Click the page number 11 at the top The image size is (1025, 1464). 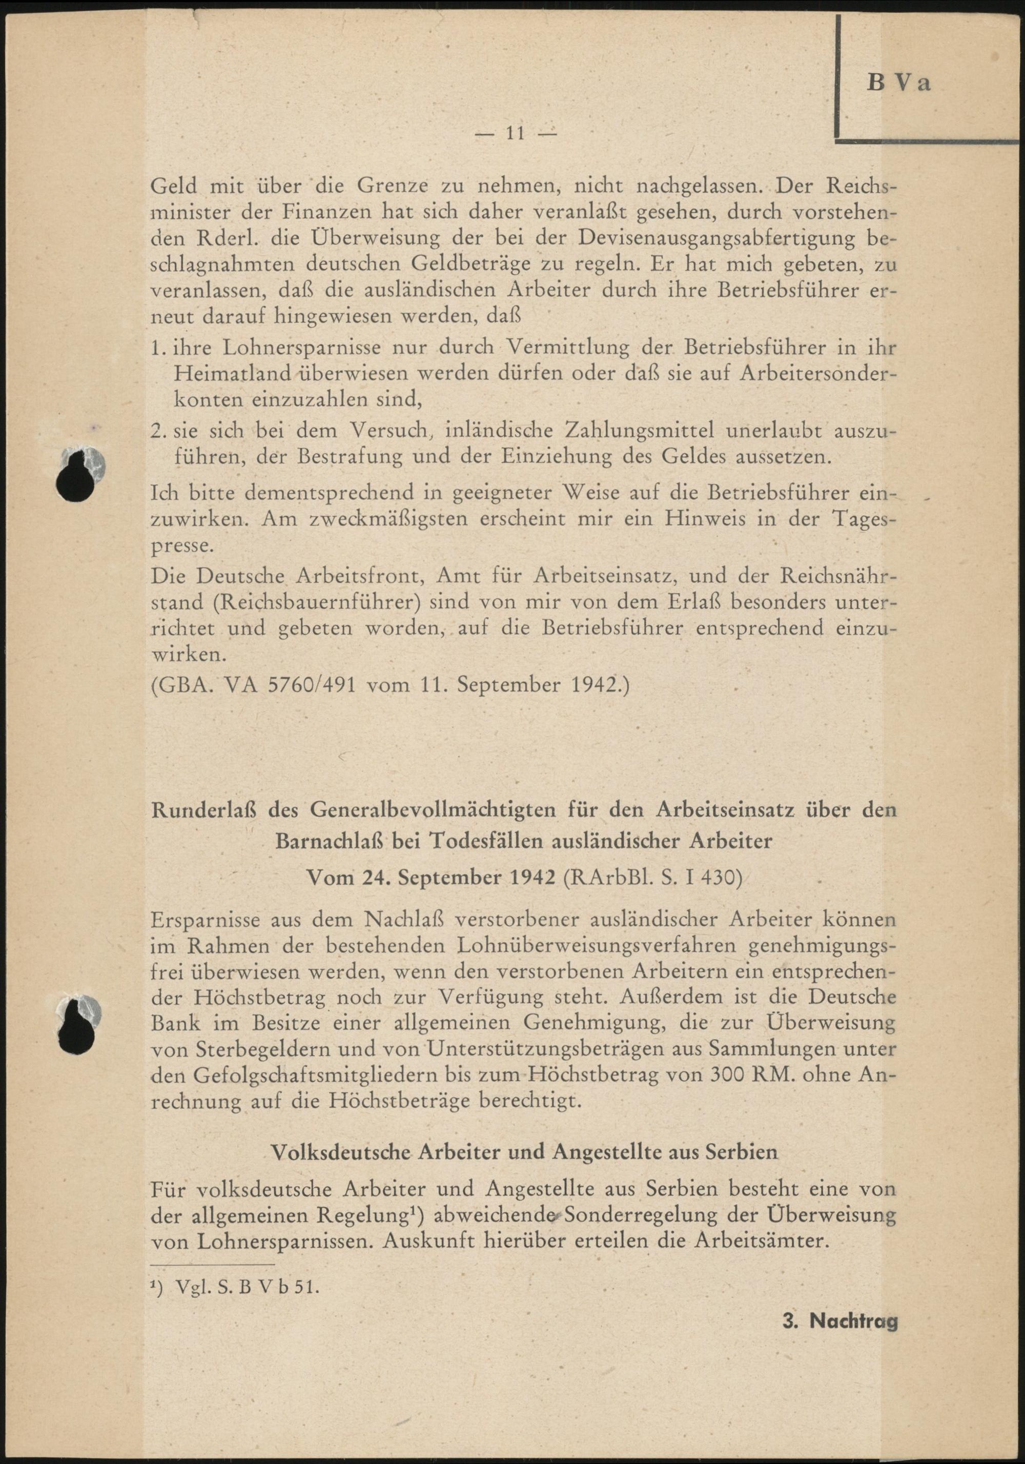pos(514,133)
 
